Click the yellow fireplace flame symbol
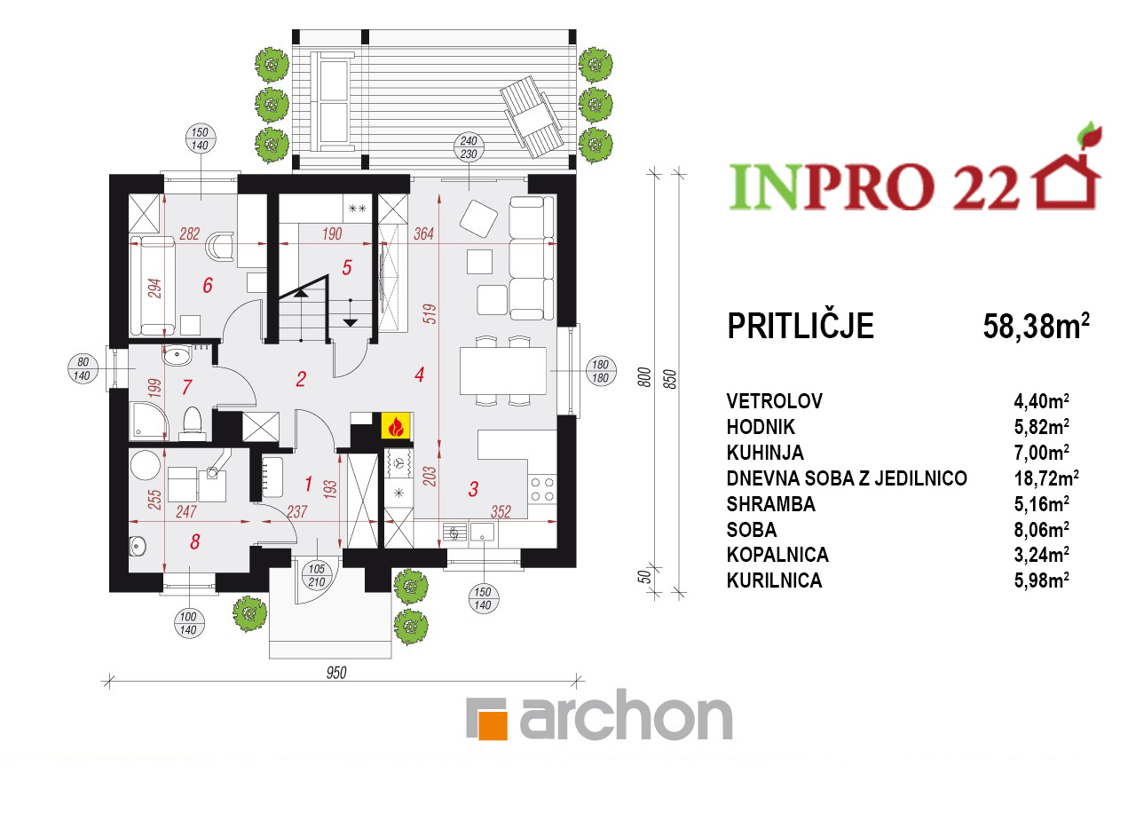(396, 425)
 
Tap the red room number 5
(347, 267)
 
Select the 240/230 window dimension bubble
(469, 147)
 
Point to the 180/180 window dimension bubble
(601, 371)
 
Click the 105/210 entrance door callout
(317, 575)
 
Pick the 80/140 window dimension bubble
(83, 368)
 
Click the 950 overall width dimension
(336, 673)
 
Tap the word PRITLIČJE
(801, 326)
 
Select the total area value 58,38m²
(1036, 326)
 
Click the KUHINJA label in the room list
(765, 453)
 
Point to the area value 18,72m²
(1046, 478)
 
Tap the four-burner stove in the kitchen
(542, 489)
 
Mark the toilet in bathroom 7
(193, 423)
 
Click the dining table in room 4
(502, 371)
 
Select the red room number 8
(194, 541)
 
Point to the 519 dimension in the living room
(430, 314)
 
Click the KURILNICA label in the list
(774, 580)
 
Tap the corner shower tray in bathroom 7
(148, 421)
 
